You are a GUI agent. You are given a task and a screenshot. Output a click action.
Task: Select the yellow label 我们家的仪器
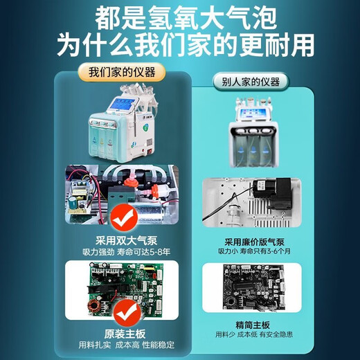[122, 72]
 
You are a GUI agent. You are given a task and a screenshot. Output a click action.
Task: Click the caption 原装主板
[122, 332]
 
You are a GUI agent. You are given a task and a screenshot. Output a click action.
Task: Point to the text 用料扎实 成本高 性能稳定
[122, 345]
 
